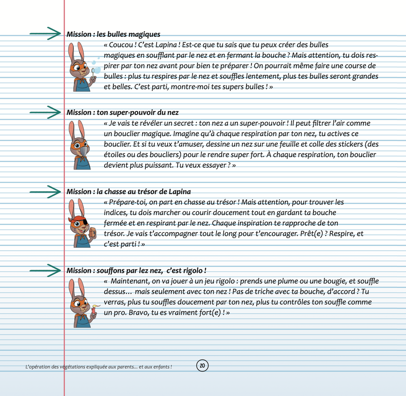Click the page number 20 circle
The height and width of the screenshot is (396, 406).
[202, 365]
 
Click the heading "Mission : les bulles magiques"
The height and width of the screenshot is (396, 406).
[113, 35]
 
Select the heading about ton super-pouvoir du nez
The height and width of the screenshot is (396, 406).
[123, 112]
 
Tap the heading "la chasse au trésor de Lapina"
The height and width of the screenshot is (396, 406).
[129, 192]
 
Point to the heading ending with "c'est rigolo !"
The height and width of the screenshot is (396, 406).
[136, 271]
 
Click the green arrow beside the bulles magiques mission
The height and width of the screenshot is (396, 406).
[45, 33]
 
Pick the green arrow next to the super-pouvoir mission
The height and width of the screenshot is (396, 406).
[45, 112]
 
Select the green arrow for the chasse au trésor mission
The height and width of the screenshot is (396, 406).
[45, 191]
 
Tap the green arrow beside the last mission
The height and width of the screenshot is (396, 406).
[45, 270]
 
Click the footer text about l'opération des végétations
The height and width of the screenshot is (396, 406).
[98, 367]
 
